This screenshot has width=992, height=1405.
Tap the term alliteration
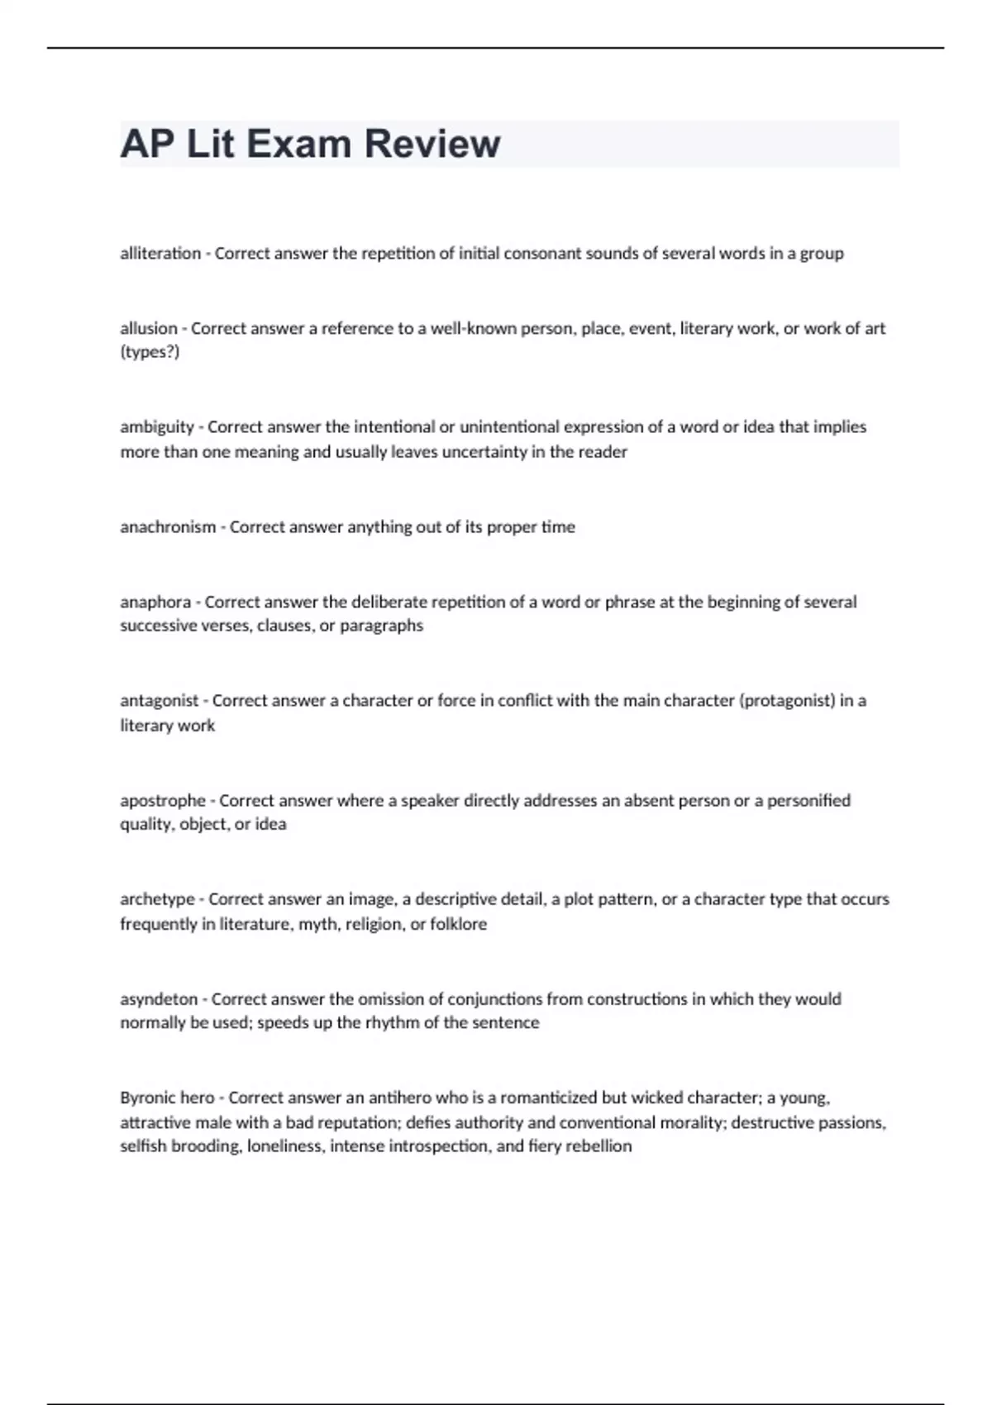coord(160,254)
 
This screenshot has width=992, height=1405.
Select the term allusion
coord(149,329)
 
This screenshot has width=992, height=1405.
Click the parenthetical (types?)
coord(150,352)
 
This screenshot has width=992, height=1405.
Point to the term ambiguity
coord(157,427)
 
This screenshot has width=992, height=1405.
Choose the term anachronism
coord(168,527)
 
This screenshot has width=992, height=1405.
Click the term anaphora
coord(155,602)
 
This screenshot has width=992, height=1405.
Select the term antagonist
coord(160,701)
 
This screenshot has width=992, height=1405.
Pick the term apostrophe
coord(163,801)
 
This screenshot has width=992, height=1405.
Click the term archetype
coord(157,899)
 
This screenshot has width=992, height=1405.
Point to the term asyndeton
coord(159,999)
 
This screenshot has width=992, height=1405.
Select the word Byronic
coord(144,1098)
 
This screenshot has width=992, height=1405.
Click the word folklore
coord(459,924)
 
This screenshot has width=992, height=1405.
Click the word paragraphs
coord(382,626)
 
